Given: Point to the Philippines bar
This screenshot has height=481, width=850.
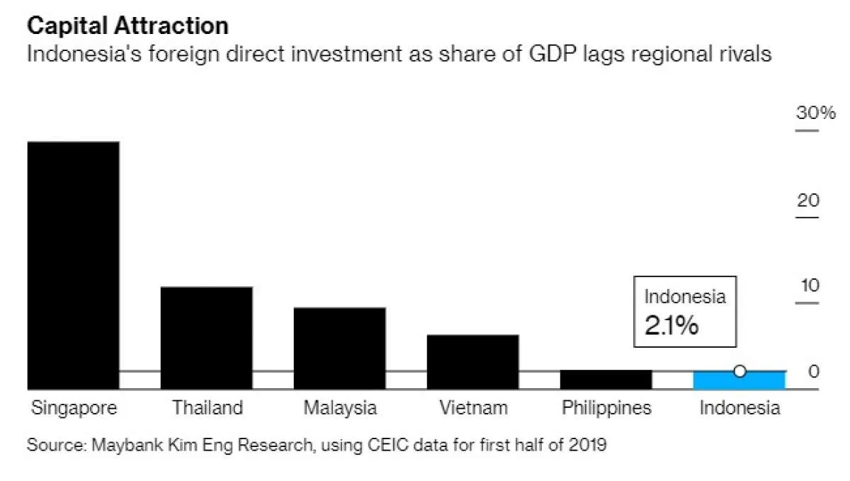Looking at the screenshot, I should click(606, 380).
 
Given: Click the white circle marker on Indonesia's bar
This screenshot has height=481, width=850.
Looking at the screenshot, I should click(739, 371).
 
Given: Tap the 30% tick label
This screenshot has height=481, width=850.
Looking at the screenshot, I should click(816, 113).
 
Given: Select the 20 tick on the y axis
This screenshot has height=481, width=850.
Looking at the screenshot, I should click(808, 200).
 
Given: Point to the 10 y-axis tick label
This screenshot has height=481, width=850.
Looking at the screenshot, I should click(808, 286).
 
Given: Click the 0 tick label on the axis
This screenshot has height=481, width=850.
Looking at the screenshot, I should click(814, 372).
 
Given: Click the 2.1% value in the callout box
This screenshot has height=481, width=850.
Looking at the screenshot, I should click(671, 325).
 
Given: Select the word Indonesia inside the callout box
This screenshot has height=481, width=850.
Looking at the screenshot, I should click(684, 297).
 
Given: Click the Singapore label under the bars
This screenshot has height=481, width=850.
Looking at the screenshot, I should click(74, 409).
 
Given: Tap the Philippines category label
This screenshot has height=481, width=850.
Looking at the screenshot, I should click(606, 409).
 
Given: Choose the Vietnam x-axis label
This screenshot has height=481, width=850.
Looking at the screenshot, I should click(473, 409).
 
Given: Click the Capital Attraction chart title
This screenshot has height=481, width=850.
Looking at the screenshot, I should click(127, 26).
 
